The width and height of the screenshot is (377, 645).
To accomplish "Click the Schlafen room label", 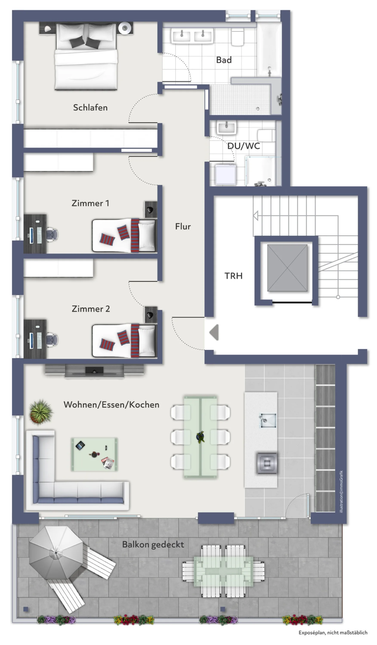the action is point(90,107).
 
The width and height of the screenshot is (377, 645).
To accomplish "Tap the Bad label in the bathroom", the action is point(224,60).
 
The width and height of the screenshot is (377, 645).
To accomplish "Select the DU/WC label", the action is point(244,146).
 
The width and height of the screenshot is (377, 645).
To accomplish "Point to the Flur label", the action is point(183,227).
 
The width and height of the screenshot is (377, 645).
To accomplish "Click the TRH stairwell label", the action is point(233,276).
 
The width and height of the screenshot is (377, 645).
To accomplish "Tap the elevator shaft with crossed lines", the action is point(287,268).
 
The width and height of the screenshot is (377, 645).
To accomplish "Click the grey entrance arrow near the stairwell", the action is point(214,332).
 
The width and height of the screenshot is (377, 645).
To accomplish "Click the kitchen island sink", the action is point(268,420).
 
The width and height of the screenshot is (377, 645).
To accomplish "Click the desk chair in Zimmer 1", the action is point(52,234).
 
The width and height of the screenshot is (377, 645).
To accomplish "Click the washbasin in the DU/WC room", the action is point(226,127).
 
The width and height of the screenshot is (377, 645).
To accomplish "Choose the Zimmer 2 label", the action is point(91,309).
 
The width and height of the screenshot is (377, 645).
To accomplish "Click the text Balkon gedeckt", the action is point(153,544).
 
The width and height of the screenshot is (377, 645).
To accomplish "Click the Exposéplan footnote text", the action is point(333,633).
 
